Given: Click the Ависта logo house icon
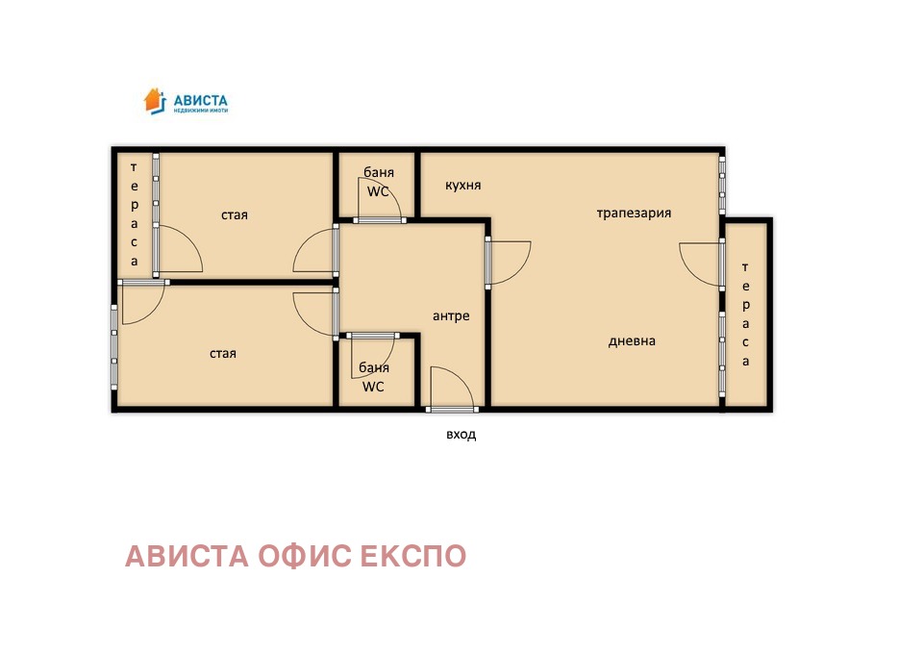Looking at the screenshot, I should (155, 100).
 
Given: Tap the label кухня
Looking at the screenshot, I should (463, 185).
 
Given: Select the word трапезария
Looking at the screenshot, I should (634, 213).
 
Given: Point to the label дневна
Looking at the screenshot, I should (632, 340).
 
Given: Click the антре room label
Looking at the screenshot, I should (451, 315).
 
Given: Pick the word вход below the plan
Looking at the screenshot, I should (461, 434).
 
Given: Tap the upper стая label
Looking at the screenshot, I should (235, 214).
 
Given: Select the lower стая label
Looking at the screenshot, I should (223, 353).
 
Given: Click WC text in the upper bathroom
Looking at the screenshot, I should (378, 190).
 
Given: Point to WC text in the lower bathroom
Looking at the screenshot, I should (373, 387).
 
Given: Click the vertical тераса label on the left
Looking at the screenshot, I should (135, 213).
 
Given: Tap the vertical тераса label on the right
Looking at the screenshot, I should (745, 314).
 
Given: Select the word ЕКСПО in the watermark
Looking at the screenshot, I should (412, 556).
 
